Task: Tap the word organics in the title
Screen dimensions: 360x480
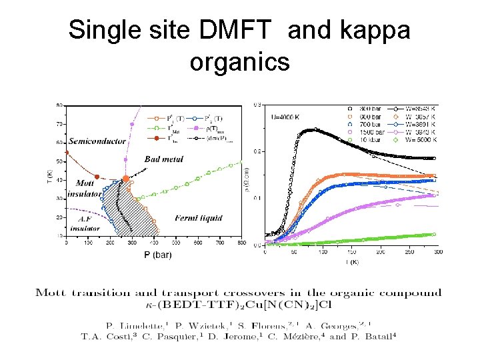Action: pyautogui.click(x=239, y=61)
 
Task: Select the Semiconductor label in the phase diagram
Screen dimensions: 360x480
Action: pyautogui.click(x=97, y=141)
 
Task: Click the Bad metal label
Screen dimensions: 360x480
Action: pyautogui.click(x=163, y=159)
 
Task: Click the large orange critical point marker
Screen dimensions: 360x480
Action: pyautogui.click(x=126, y=179)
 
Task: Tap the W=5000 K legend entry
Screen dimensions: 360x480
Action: pyautogui.click(x=419, y=140)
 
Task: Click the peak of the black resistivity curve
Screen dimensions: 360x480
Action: pyautogui.click(x=315, y=129)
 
